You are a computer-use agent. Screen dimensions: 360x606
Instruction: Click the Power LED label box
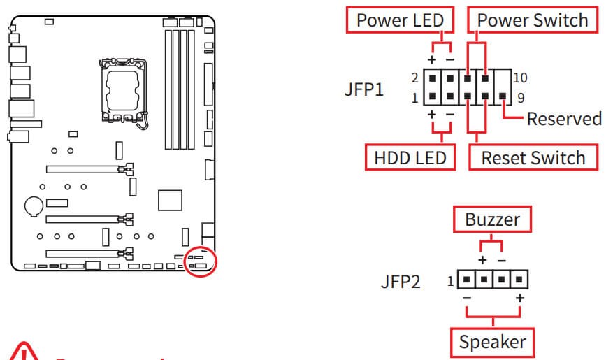[400, 20]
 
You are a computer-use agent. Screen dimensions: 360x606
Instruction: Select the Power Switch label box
[533, 20]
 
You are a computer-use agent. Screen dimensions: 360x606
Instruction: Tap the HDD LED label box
[410, 157]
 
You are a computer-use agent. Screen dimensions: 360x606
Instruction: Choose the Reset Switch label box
[533, 157]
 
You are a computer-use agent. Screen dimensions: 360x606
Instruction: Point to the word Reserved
[563, 118]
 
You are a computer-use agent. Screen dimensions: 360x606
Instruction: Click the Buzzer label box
[492, 219]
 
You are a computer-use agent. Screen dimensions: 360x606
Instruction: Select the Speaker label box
[492, 342]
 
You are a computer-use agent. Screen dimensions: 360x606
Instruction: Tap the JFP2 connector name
[401, 282]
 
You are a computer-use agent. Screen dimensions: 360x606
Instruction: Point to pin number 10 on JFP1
[521, 78]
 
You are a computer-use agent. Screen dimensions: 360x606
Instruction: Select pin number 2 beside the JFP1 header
[415, 78]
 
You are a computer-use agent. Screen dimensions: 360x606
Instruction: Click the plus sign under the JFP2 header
[519, 298]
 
